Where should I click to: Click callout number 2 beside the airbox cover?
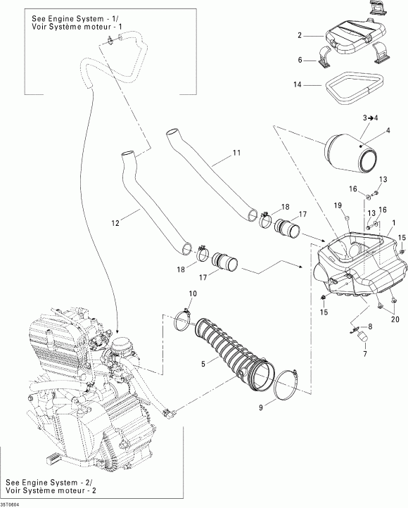point(300,34)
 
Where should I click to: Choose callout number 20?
point(395,319)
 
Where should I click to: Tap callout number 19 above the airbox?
point(338,205)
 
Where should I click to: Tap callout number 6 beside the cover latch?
point(300,61)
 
